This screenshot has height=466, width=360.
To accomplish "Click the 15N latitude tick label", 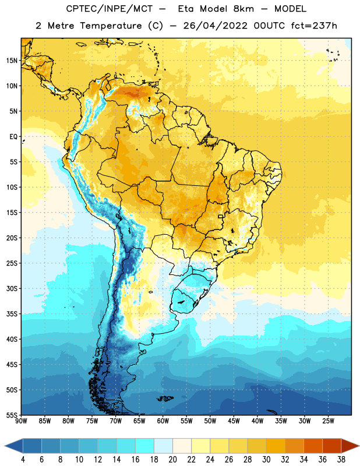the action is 12,61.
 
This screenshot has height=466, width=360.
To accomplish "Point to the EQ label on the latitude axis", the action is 13,137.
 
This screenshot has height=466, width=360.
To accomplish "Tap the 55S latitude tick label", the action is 12,415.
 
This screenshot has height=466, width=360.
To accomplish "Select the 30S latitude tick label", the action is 12,288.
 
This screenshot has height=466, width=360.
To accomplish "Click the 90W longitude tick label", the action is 21,421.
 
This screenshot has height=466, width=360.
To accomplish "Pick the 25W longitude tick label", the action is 328,421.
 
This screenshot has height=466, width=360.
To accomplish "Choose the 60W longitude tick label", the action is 163,421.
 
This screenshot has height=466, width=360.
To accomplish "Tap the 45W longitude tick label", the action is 234,421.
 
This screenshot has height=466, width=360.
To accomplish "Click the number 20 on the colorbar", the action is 172,460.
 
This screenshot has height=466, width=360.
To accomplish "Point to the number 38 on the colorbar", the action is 341,460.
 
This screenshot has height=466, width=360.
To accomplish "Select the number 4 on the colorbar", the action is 23,460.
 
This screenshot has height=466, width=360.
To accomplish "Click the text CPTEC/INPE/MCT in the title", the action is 109,9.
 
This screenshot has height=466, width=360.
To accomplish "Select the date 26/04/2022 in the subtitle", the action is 215,26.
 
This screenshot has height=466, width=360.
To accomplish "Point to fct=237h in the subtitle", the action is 314,26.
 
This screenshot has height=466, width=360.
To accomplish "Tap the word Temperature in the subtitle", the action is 111,26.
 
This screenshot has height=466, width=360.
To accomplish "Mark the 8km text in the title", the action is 243,9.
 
